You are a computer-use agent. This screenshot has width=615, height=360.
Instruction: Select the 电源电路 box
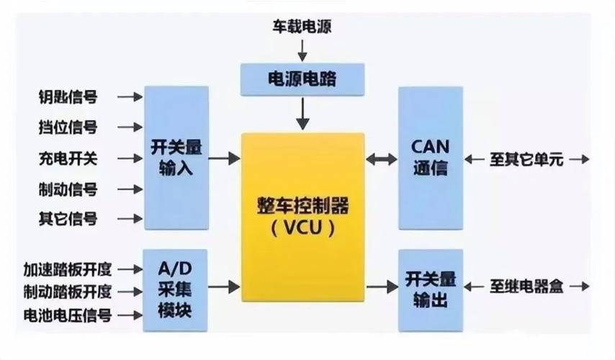point(302,78)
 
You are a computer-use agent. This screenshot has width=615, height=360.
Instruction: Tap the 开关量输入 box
point(176,158)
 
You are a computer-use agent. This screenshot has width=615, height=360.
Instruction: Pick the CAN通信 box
point(430,158)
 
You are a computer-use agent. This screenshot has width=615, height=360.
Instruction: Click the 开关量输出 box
point(430,290)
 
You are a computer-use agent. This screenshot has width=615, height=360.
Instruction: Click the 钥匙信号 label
point(68,96)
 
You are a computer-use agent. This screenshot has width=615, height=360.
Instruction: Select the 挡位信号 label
point(68,127)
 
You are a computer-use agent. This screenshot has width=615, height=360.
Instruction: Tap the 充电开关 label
point(68,158)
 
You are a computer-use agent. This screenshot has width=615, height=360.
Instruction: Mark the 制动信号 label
point(68,189)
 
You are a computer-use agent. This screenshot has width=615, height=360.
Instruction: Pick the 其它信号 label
point(68,219)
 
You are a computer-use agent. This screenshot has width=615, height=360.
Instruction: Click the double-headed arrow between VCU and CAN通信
point(381,158)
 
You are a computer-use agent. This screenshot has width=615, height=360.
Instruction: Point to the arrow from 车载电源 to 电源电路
point(302,50)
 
